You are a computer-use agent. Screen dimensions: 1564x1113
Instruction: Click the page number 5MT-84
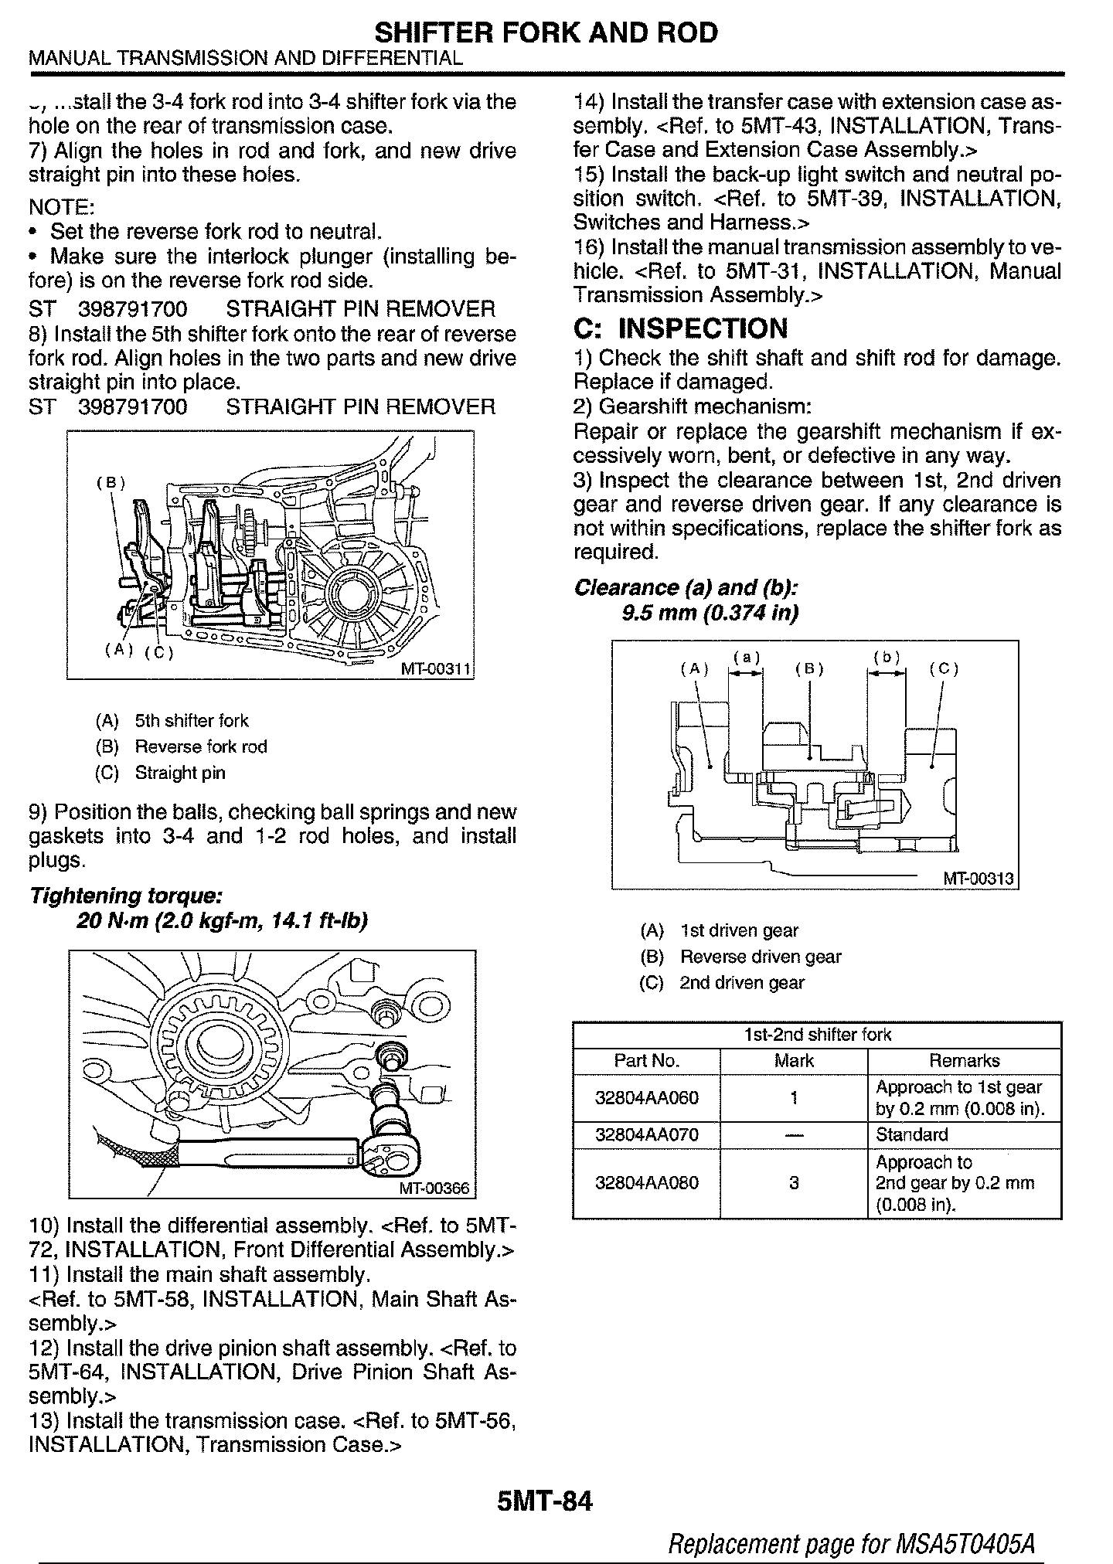pos(546,1503)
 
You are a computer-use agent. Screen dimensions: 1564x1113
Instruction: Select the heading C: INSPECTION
pos(680,328)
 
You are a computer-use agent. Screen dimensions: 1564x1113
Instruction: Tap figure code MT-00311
pos(435,669)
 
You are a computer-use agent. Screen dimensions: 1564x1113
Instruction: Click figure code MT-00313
pos(978,879)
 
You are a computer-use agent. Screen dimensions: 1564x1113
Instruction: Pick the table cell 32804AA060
pos(646,1098)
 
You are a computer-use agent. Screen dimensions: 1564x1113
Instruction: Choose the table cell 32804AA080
pos(646,1183)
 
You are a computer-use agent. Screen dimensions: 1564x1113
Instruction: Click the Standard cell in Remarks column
pos(911,1135)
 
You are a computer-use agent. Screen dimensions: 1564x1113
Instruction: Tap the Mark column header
pos(794,1061)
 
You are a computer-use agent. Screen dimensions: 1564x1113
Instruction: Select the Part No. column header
pos(646,1061)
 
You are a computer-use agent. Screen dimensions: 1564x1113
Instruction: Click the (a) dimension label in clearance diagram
pos(746,658)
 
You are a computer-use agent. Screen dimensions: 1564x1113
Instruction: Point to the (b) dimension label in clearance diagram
pos(887,658)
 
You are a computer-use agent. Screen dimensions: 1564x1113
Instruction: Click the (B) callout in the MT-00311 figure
pos(111,483)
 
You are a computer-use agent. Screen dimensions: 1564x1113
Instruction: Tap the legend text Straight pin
pos(180,773)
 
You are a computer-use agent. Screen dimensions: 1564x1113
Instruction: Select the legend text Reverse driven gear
pos(760,957)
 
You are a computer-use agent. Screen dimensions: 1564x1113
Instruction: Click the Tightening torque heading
pos(126,896)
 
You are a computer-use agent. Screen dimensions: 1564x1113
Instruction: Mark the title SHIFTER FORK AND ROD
pos(546,32)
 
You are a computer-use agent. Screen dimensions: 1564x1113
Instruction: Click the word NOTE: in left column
pos(61,207)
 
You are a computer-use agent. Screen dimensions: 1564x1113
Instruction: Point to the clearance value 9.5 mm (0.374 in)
pos(710,613)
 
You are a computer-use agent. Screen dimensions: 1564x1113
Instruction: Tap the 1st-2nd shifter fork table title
pos(817,1035)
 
